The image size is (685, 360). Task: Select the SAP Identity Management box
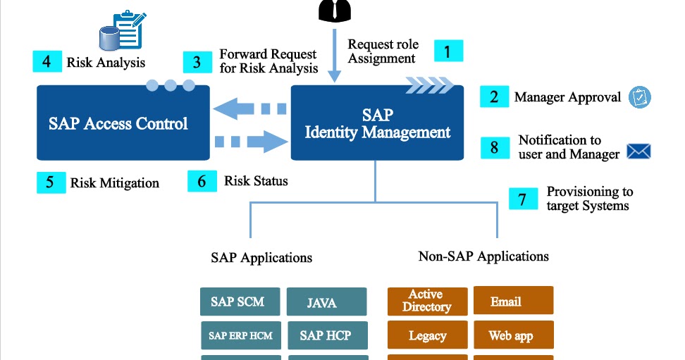tap(377, 123)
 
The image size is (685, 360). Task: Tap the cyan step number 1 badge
tap(448, 51)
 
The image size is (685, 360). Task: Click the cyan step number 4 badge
tap(47, 61)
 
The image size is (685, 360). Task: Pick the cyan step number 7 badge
tap(522, 199)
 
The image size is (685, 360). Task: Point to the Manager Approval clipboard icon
tap(640, 97)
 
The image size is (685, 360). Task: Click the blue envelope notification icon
tap(638, 151)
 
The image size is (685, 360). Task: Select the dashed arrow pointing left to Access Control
tap(250, 109)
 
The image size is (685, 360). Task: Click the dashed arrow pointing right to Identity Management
tap(250, 140)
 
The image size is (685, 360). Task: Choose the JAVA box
tap(326, 302)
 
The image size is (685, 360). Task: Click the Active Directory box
tap(427, 301)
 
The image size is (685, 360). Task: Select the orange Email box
tap(512, 301)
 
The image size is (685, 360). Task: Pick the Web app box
tap(512, 336)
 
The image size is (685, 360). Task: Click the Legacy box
tap(427, 336)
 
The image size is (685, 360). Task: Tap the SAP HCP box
tap(326, 336)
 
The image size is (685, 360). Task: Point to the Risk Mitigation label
tap(114, 183)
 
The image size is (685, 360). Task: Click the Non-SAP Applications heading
tap(483, 256)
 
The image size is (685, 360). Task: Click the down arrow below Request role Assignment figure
tap(335, 56)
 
